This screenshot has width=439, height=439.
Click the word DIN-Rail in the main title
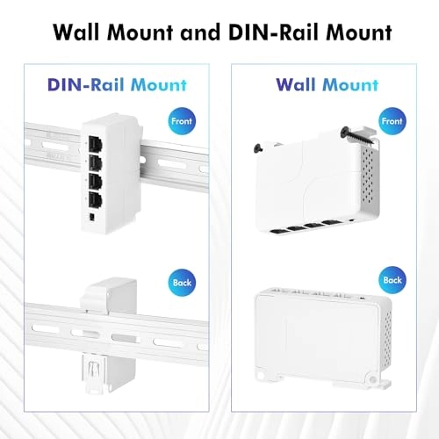pyautogui.click(x=273, y=32)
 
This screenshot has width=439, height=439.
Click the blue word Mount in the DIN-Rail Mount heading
pyautogui.click(x=159, y=85)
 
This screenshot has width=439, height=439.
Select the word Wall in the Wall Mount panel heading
pyautogui.click(x=297, y=84)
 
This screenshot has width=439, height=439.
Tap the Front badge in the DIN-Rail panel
pyautogui.click(x=182, y=121)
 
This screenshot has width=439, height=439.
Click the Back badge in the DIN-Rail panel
pyautogui.click(x=182, y=283)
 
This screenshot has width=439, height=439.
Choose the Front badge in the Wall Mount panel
pyautogui.click(x=392, y=121)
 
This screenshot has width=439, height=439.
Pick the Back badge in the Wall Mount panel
pyautogui.click(x=392, y=280)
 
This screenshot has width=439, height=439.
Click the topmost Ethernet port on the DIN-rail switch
pyautogui.click(x=96, y=143)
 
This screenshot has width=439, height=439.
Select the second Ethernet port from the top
pyautogui.click(x=96, y=162)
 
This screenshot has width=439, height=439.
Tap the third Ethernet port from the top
pyautogui.click(x=96, y=182)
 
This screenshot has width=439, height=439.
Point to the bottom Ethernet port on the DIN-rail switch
pyautogui.click(x=96, y=200)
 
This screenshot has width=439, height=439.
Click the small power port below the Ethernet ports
pyautogui.click(x=91, y=217)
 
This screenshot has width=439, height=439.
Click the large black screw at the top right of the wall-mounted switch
pyautogui.click(x=357, y=136)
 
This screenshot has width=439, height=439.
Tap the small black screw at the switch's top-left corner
pyautogui.click(x=258, y=148)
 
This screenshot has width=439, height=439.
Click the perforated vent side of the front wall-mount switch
pyautogui.click(x=369, y=176)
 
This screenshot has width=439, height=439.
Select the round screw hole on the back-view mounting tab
pyautogui.click(x=373, y=379)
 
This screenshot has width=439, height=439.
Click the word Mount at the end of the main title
pyautogui.click(x=359, y=32)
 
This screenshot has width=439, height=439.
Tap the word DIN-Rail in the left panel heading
pyautogui.click(x=87, y=85)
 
